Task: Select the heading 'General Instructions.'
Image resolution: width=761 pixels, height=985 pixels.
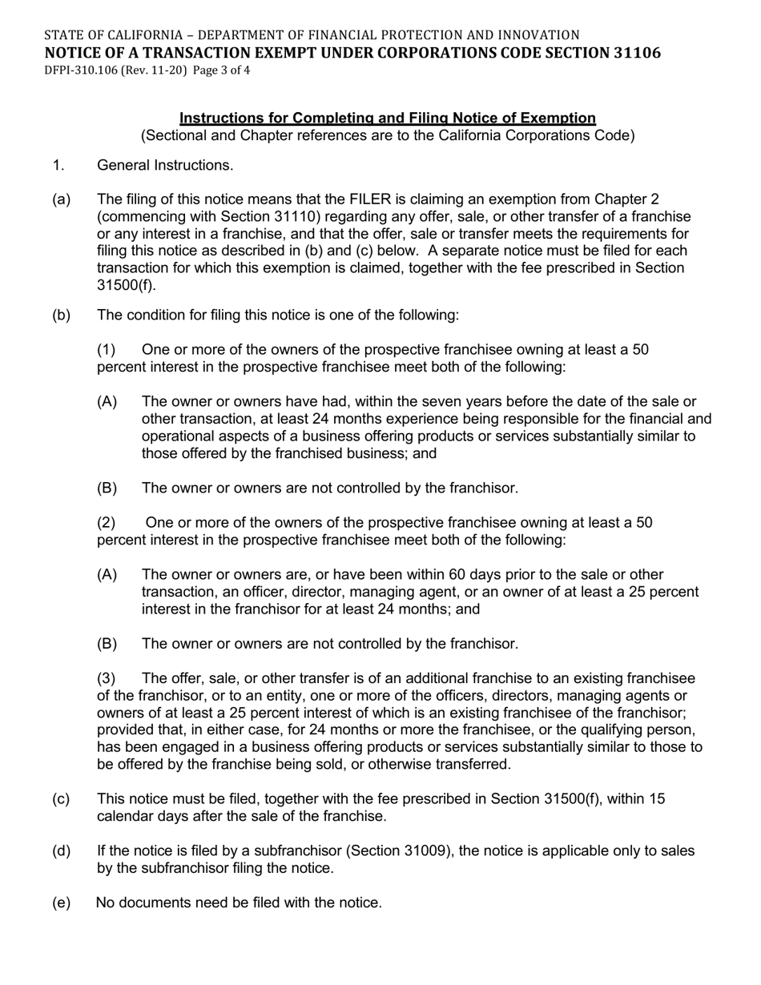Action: coord(165,165)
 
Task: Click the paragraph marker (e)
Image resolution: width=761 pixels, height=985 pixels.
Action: coord(62,903)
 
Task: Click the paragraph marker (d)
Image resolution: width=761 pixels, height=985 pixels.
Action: coord(62,850)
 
